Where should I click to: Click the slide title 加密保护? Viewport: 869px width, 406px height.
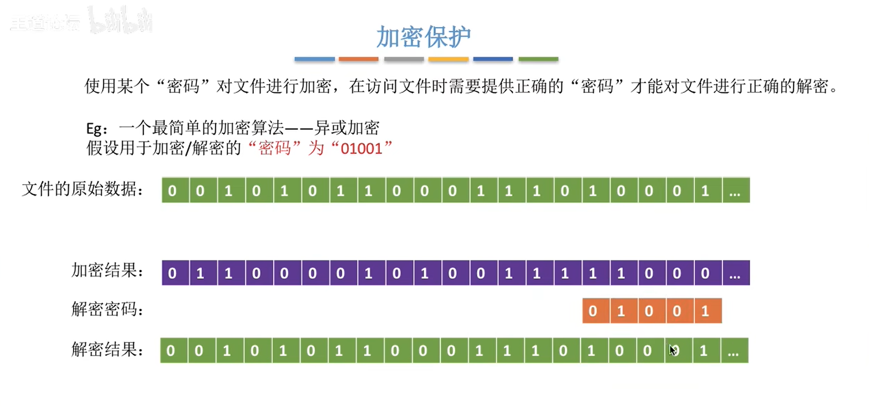(423, 37)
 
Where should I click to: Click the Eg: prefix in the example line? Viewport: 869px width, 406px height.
(96, 129)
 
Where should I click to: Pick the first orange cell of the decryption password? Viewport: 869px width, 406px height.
(593, 311)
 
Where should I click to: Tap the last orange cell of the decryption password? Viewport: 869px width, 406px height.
(705, 311)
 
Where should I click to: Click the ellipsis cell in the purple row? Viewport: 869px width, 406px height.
(735, 273)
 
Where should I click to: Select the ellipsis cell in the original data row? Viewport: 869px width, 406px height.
(735, 191)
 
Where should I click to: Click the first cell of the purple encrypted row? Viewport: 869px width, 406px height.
(173, 273)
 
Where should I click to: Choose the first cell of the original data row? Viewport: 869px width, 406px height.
(173, 191)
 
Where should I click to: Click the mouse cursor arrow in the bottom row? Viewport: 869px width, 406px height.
(672, 350)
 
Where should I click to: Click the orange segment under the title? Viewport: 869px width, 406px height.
(358, 59)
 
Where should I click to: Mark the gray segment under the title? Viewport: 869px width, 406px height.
(404, 59)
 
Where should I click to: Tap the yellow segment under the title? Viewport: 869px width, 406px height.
(449, 59)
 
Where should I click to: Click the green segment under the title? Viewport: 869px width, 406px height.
(538, 59)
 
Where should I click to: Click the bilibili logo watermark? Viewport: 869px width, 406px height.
(121, 21)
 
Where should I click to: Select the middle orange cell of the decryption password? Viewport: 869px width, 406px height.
(649, 311)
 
